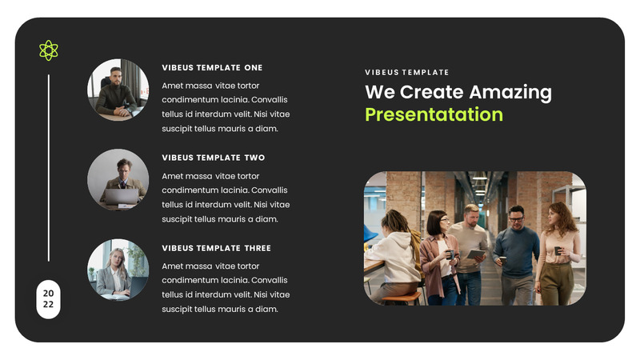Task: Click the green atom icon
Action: [x=49, y=50]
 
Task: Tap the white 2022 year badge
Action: [x=49, y=298]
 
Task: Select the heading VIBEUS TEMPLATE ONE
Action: [x=212, y=68]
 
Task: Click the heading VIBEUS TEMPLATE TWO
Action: [x=213, y=158]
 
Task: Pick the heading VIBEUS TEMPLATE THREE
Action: [x=216, y=249]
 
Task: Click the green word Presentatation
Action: [x=434, y=114]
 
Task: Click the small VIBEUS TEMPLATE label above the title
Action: [x=406, y=73]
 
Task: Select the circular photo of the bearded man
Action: [x=118, y=89]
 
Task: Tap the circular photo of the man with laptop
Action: [x=118, y=179]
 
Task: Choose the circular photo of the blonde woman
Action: [x=118, y=270]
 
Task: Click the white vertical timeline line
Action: [x=49, y=168]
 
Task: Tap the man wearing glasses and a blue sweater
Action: [x=516, y=252]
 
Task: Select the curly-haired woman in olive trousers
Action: [x=559, y=252]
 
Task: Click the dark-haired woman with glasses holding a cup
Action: [x=438, y=256]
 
